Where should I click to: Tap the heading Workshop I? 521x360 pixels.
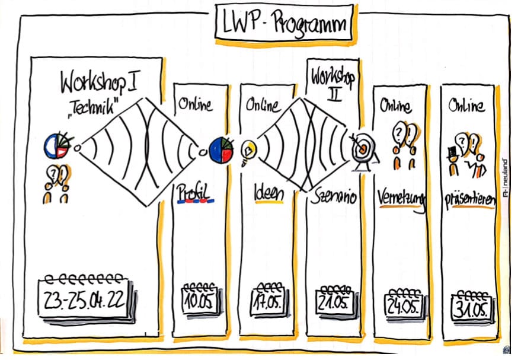99,83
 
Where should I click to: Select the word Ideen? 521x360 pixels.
269,194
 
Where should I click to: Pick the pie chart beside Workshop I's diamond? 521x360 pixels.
56,146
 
